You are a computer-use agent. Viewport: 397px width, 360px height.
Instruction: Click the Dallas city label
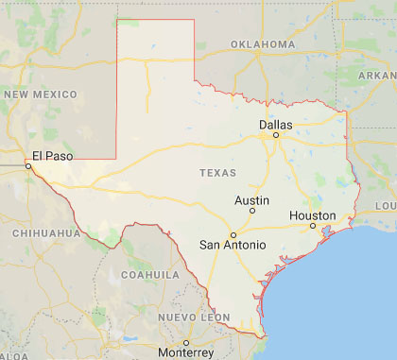[276, 125]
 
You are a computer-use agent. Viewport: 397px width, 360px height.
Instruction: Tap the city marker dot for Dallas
[276, 135]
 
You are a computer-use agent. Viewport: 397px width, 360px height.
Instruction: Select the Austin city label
[252, 200]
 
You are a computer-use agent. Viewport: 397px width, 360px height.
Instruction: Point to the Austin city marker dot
[252, 211]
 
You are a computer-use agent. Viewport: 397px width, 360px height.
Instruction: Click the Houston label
[312, 216]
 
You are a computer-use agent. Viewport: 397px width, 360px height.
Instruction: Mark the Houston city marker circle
[312, 227]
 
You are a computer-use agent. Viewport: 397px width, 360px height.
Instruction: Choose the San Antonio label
[233, 246]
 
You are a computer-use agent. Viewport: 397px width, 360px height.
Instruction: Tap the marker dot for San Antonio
[233, 234]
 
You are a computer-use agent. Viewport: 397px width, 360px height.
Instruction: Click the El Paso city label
[52, 156]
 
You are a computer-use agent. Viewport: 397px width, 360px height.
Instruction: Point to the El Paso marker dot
[28, 165]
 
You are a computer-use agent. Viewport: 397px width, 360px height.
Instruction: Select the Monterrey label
[187, 352]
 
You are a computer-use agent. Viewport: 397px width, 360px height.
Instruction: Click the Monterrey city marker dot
[187, 342]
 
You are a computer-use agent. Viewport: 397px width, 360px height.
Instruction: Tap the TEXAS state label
[219, 173]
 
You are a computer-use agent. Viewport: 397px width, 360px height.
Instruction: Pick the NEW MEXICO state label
[41, 94]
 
